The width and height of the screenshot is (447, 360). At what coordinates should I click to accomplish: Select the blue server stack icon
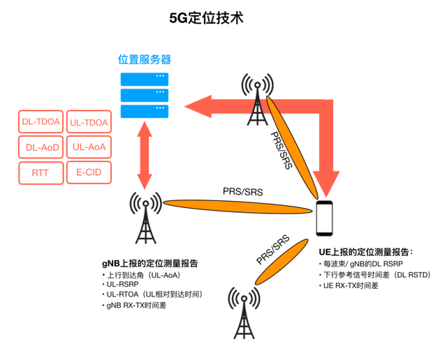145,95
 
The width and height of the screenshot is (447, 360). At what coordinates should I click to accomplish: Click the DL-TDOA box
41,123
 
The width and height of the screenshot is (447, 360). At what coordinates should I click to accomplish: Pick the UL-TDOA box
89,123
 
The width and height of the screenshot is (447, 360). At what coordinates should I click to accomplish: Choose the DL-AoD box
41,147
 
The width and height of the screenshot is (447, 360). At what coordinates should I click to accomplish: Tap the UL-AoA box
89,147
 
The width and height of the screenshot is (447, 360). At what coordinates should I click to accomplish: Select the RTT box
41,172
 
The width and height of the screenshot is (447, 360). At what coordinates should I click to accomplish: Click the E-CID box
89,172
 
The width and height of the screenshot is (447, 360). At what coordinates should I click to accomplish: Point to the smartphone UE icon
324,218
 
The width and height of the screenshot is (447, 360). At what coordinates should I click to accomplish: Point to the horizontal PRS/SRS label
243,190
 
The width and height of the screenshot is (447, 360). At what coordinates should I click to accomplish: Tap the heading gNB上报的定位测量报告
149,264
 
